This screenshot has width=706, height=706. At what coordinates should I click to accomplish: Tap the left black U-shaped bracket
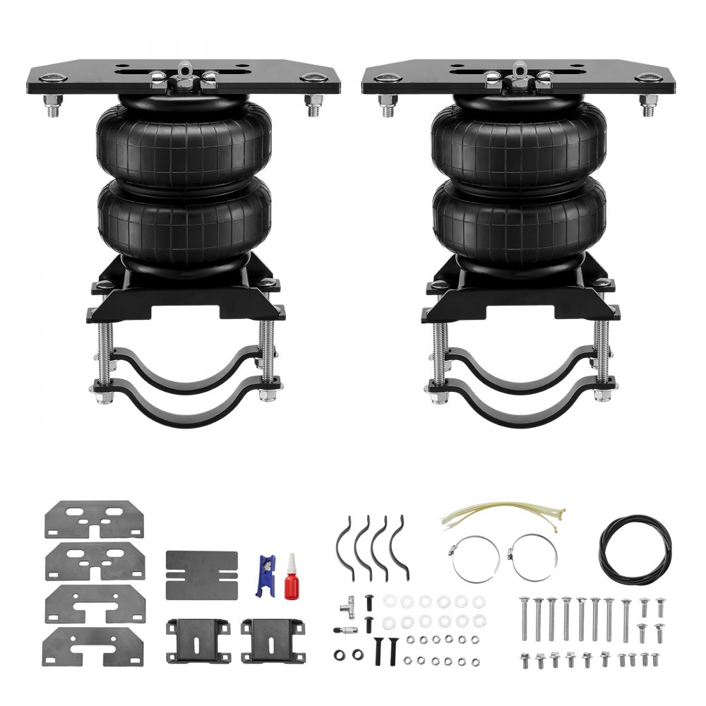tap(198, 640)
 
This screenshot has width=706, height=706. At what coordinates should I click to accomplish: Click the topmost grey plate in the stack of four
tap(95, 520)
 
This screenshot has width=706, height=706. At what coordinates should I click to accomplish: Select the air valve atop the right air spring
tap(520, 71)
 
